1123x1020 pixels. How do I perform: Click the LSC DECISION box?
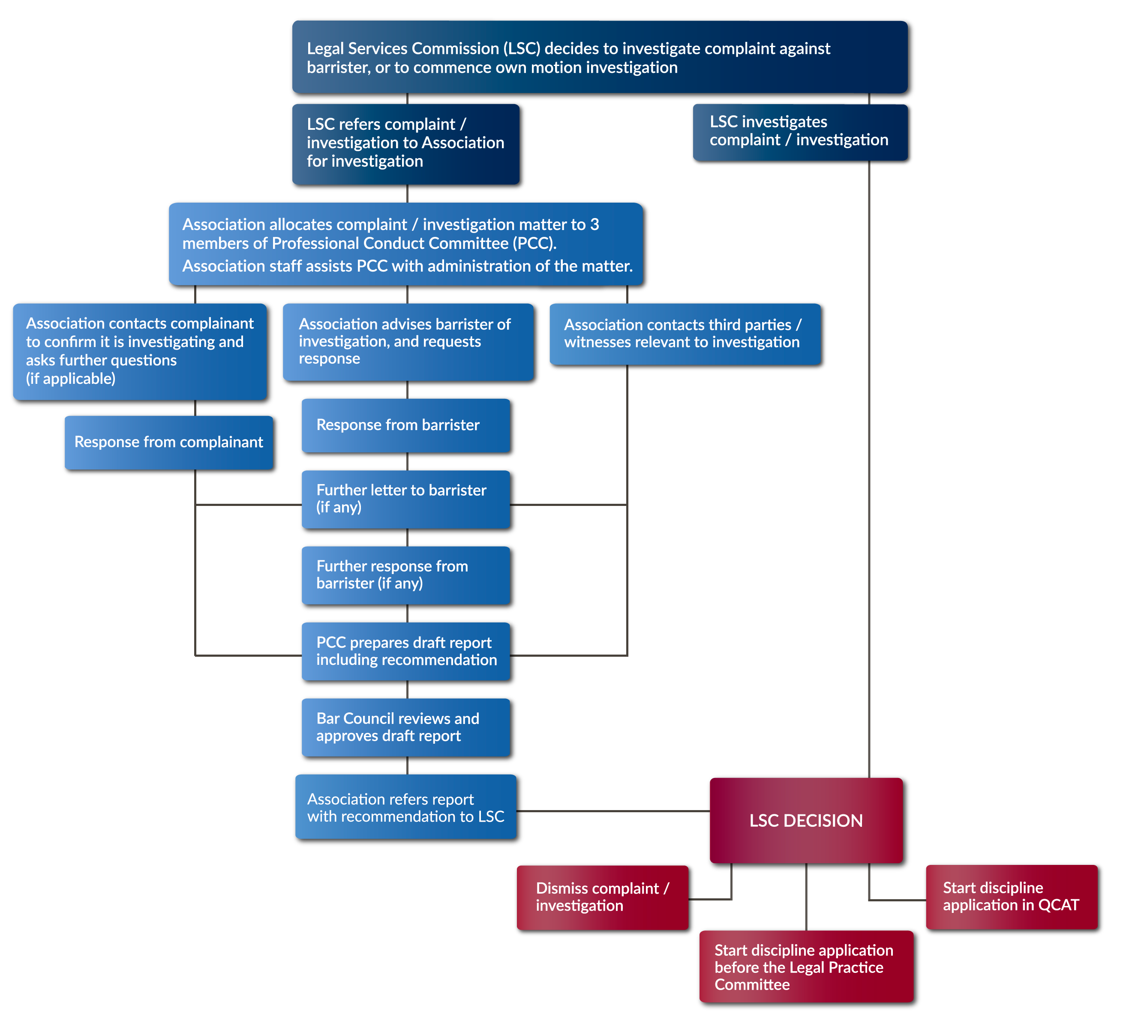pyautogui.click(x=806, y=820)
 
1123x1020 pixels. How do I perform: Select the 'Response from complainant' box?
pyautogui.click(x=169, y=443)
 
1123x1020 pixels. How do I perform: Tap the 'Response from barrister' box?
pyautogui.click(x=406, y=425)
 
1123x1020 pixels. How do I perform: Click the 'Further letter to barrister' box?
pyautogui.click(x=406, y=500)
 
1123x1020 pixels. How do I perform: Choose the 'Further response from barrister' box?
pyautogui.click(x=406, y=575)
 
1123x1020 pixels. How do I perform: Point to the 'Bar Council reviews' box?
pyautogui.click(x=406, y=727)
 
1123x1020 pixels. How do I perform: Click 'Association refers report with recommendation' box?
pyautogui.click(x=406, y=807)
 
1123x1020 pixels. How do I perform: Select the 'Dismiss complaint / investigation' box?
pyautogui.click(x=603, y=897)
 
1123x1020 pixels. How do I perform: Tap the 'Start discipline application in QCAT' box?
pyautogui.click(x=1012, y=897)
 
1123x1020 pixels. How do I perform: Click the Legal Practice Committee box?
pyautogui.click(x=807, y=966)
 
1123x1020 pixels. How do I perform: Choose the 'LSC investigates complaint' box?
pyautogui.click(x=801, y=132)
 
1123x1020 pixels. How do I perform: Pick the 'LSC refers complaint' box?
pyautogui.click(x=406, y=144)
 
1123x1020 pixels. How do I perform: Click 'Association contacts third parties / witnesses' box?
pyautogui.click(x=685, y=334)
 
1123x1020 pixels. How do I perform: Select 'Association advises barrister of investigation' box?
pyautogui.click(x=408, y=342)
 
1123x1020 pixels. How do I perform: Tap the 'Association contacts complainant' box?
pyautogui.click(x=140, y=351)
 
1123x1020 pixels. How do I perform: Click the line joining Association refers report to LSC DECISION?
pyautogui.click(x=613, y=811)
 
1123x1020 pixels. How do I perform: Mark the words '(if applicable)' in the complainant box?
pyautogui.click(x=71, y=379)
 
